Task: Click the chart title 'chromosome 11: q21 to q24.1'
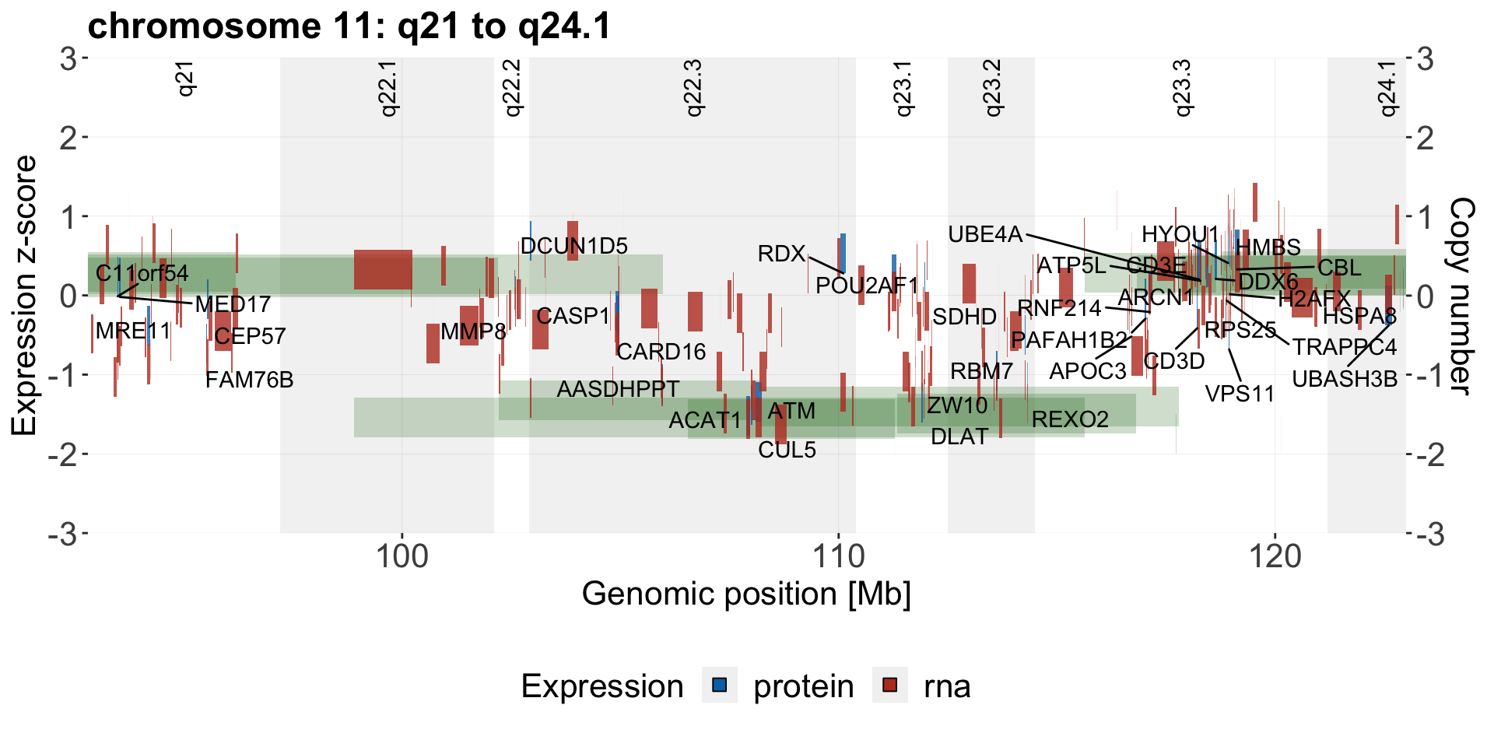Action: click(349, 26)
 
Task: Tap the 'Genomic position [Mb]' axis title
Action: click(746, 594)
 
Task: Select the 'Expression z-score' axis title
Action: click(24, 296)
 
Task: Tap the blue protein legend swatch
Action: click(720, 686)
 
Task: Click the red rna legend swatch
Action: click(889, 686)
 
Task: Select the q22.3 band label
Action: click(693, 87)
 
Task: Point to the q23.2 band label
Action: click(992, 87)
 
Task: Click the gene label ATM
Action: click(791, 411)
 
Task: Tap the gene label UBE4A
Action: click(984, 234)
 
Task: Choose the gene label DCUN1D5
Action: click(573, 246)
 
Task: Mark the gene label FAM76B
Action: click(249, 380)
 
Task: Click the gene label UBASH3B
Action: click(1345, 379)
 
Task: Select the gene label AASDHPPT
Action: click(618, 388)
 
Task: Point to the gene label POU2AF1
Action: click(867, 286)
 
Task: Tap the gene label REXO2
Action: click(1070, 419)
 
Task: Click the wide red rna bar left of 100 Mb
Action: click(383, 269)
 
